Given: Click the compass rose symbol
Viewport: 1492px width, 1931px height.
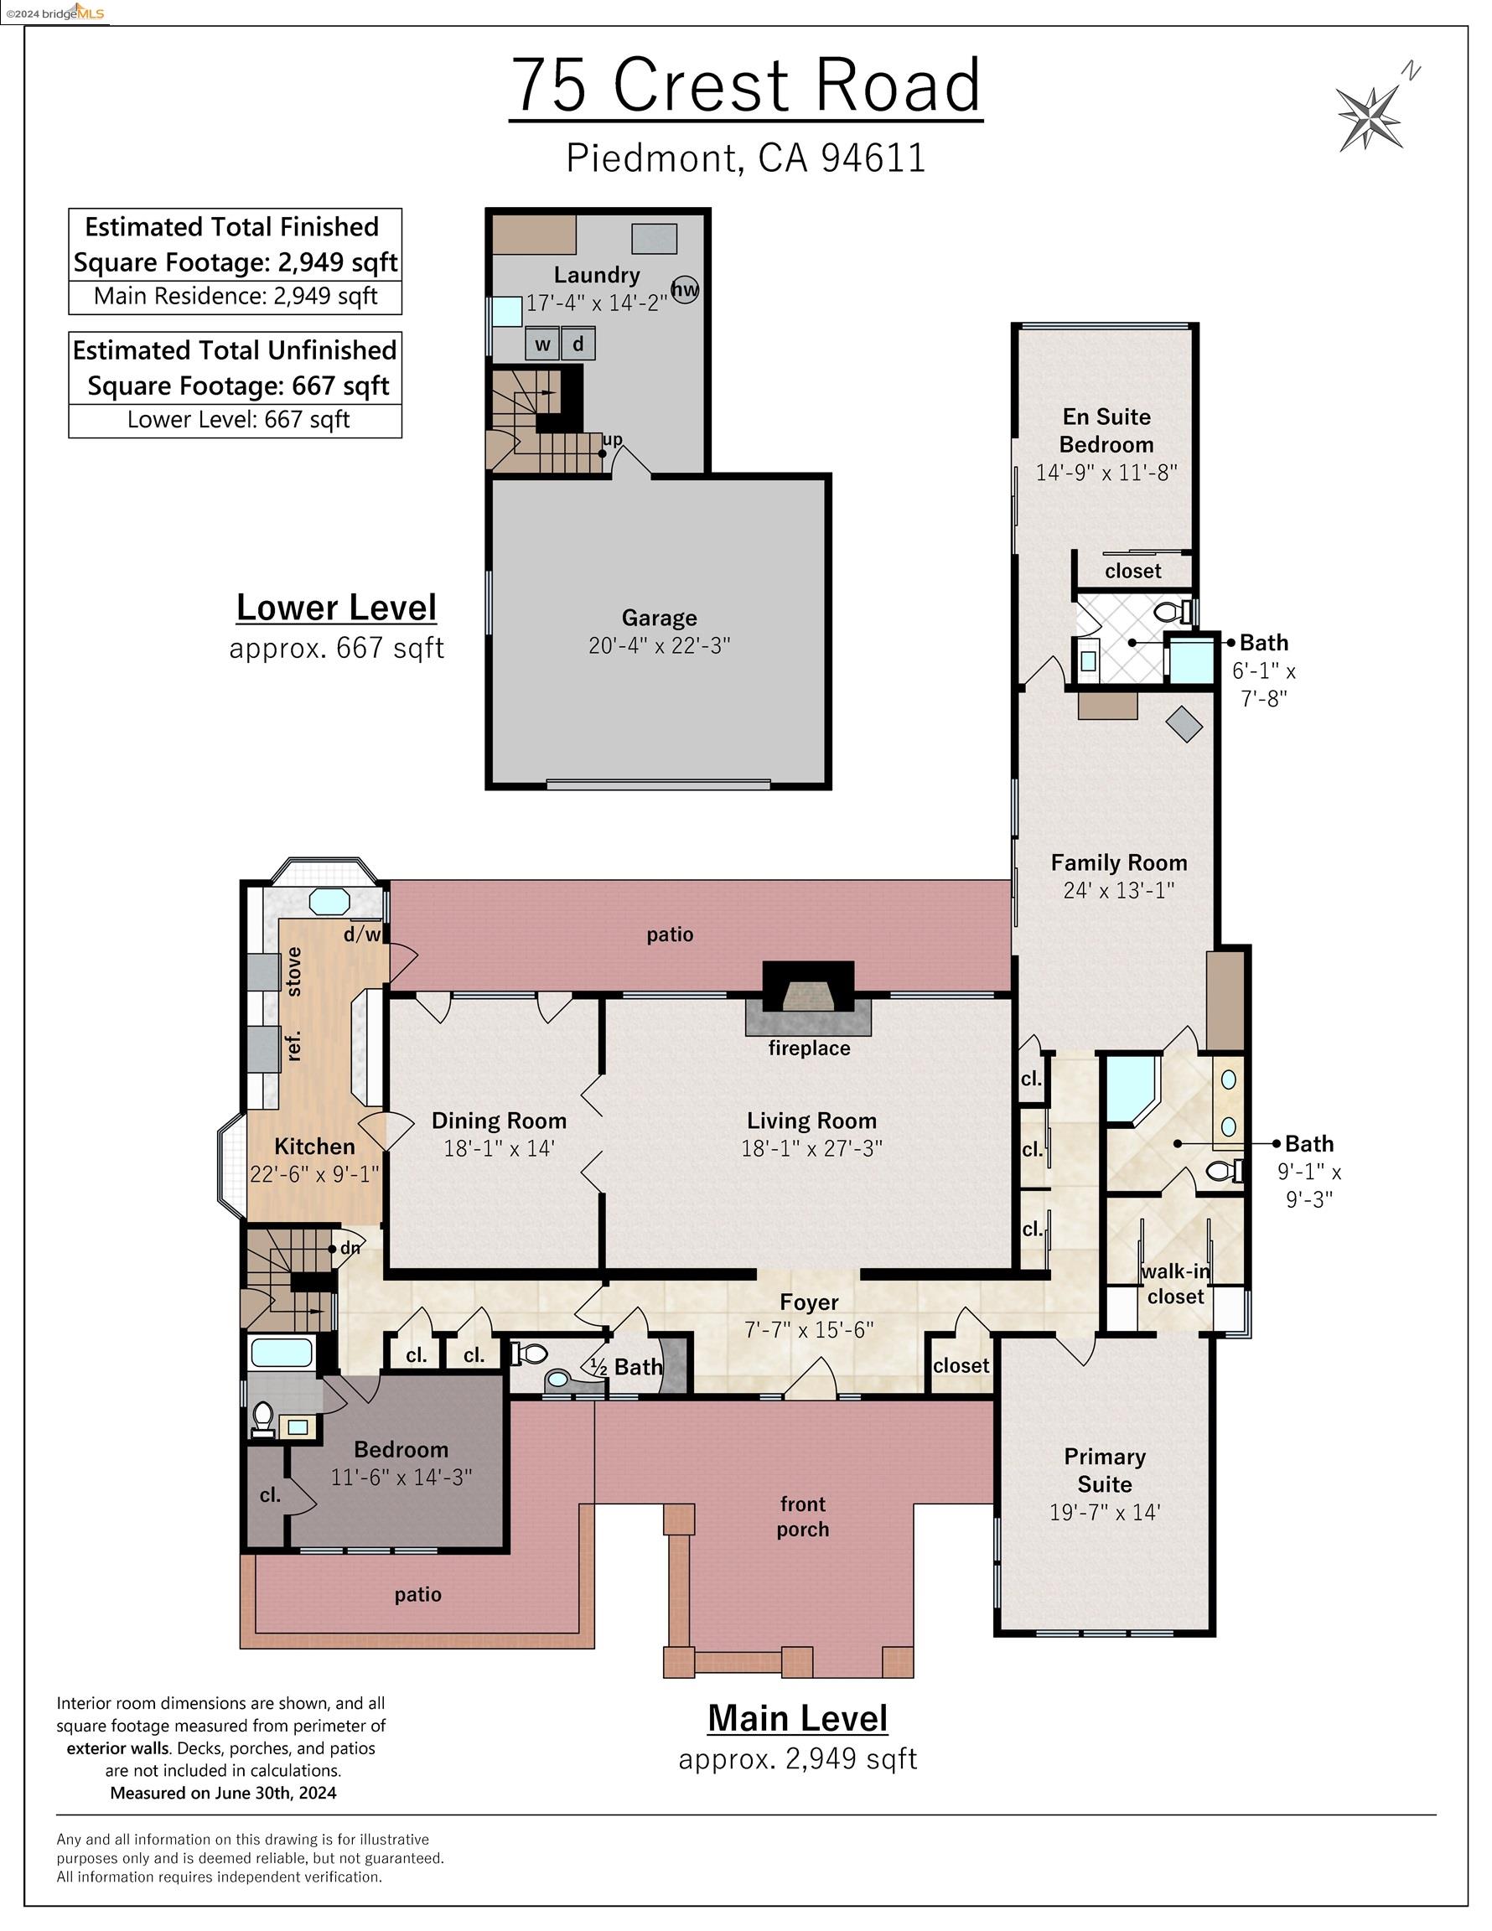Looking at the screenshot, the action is [1369, 116].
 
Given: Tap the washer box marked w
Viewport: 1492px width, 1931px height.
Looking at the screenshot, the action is [542, 344].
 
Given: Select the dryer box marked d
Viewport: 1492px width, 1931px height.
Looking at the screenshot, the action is [578, 343].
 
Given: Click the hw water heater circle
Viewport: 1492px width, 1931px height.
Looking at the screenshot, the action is [686, 289].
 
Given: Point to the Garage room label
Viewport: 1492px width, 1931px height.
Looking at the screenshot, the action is [659, 617].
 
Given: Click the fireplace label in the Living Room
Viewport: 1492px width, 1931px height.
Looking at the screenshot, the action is [809, 1048].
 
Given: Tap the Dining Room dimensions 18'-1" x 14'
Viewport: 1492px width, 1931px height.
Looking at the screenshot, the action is [499, 1148].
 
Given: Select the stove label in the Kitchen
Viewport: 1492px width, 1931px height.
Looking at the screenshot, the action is [294, 971].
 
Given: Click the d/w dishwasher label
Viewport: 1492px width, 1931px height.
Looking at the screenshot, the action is [362, 934].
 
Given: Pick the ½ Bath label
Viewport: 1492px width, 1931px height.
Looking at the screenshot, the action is [626, 1367].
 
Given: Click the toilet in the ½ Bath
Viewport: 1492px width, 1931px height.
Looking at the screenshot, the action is [528, 1353].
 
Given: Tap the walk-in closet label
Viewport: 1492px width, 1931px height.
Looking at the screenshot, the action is [1175, 1284].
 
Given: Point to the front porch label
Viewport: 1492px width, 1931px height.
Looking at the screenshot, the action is [803, 1516].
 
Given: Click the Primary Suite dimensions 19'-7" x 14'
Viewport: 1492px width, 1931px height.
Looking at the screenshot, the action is [1105, 1512].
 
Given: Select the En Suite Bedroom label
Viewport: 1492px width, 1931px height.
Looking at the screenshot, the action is [1106, 431].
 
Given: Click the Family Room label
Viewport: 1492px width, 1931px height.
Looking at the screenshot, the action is [1119, 862].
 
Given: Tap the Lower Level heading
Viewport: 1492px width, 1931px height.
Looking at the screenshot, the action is [336, 608].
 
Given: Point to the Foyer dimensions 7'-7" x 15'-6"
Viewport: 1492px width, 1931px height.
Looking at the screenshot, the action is [809, 1329].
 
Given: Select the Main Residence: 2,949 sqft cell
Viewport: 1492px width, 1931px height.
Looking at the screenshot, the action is [236, 296].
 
